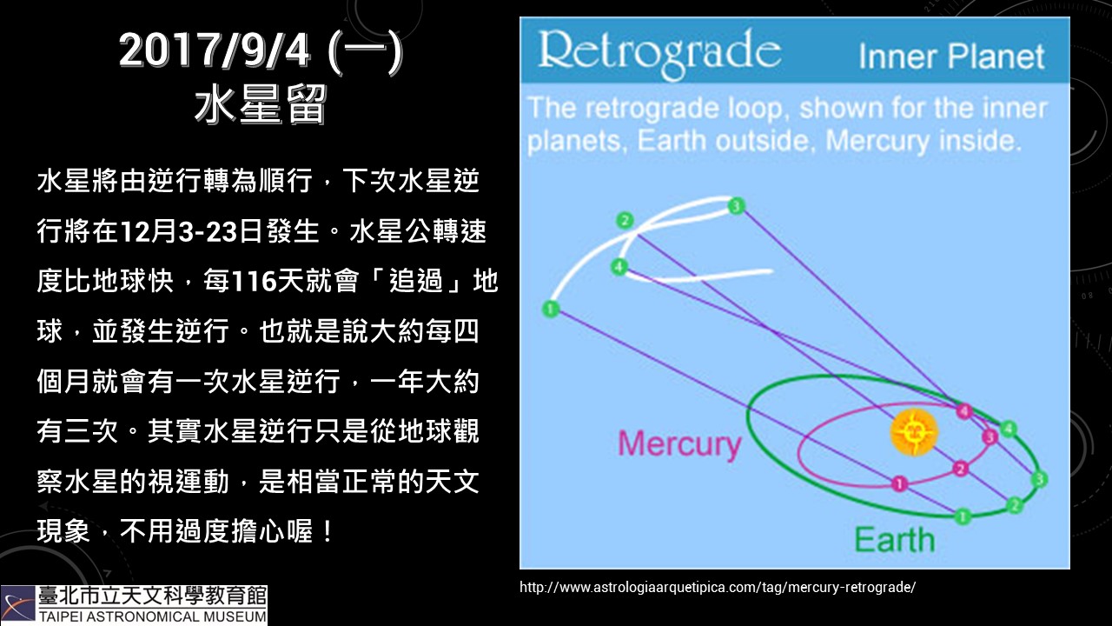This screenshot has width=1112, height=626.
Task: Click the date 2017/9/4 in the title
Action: click(x=215, y=50)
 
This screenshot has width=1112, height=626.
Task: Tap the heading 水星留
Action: click(x=261, y=105)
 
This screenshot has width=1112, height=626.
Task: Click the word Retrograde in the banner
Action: click(x=659, y=53)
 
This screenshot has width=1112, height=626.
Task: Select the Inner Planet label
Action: click(x=951, y=57)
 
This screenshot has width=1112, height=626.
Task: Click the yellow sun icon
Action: click(x=913, y=432)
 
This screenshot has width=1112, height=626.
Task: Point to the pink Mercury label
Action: click(x=679, y=443)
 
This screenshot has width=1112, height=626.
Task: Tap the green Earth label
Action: click(x=894, y=540)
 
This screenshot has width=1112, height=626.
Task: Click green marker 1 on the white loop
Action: click(x=550, y=309)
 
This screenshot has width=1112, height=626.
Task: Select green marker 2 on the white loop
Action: click(x=625, y=221)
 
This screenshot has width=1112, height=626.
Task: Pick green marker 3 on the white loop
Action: click(x=736, y=206)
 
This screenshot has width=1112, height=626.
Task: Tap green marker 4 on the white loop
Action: click(x=619, y=267)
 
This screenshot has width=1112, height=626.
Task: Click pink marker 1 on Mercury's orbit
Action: click(x=899, y=483)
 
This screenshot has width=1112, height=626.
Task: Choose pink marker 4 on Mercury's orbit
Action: click(x=964, y=411)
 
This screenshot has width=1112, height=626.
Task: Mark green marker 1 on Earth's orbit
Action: click(x=963, y=516)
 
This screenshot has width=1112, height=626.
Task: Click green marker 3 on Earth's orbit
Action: click(x=1039, y=479)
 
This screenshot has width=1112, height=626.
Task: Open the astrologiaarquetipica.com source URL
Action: click(x=718, y=587)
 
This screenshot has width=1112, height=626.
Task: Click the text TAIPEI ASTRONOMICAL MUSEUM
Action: click(x=153, y=617)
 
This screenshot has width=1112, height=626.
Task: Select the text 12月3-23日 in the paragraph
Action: click(x=191, y=231)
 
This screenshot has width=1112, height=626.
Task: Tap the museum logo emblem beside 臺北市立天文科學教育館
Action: click(x=18, y=604)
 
